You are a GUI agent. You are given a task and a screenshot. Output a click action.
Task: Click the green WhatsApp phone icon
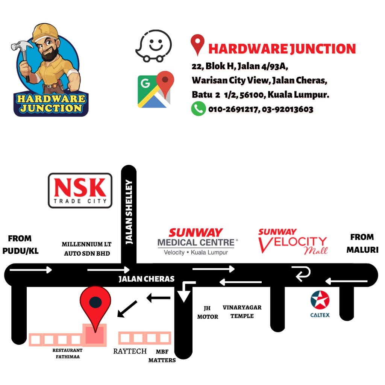(x=198, y=109)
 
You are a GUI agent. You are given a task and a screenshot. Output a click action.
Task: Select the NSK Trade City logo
(x=80, y=190)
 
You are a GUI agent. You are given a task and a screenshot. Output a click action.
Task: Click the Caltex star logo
(x=320, y=300)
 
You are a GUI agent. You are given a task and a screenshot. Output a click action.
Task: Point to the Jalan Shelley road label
(x=129, y=212)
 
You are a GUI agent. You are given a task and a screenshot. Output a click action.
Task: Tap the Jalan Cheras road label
(x=147, y=279)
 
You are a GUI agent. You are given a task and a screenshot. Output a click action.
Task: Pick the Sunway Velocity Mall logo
(x=293, y=241)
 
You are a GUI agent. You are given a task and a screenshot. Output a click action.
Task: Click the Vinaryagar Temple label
(x=242, y=312)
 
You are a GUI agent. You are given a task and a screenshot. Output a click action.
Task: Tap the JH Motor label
(x=208, y=312)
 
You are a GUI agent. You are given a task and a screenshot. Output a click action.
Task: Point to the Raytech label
(x=130, y=351)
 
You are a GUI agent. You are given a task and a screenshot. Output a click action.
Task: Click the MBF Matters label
(x=162, y=356)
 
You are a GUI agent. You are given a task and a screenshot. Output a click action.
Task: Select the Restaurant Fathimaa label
(x=67, y=353)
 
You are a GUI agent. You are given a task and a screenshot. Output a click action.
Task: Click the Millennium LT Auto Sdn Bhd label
(x=87, y=249)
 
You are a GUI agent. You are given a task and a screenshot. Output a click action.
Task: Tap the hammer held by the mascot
(x=22, y=47)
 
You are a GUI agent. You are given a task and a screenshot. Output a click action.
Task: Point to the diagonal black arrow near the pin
(x=127, y=308)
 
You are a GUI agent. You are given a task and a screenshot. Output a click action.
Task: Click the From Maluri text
(x=362, y=243)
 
